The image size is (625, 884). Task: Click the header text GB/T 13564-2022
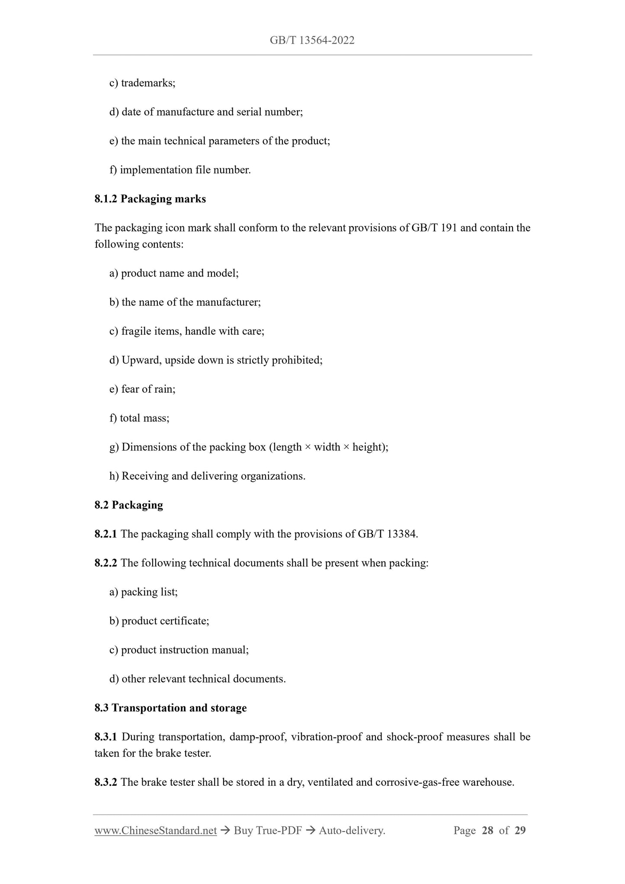pyautogui.click(x=312, y=40)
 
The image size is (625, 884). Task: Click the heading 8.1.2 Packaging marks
pyautogui.click(x=150, y=199)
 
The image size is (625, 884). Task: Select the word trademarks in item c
pyautogui.click(x=148, y=83)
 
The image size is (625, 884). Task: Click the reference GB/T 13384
pyautogui.click(x=387, y=534)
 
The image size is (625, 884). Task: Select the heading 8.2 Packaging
pyautogui.click(x=128, y=505)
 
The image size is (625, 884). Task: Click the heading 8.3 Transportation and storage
pyautogui.click(x=170, y=708)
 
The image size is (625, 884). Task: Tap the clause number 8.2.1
pyautogui.click(x=106, y=534)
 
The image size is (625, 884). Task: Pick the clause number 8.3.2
pyautogui.click(x=106, y=782)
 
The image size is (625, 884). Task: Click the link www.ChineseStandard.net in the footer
pyautogui.click(x=155, y=830)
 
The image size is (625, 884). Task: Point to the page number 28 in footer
pyautogui.click(x=487, y=830)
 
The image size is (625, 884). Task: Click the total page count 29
pyautogui.click(x=520, y=830)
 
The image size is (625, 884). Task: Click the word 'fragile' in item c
pyautogui.click(x=135, y=331)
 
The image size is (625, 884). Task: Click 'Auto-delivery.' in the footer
pyautogui.click(x=352, y=830)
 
